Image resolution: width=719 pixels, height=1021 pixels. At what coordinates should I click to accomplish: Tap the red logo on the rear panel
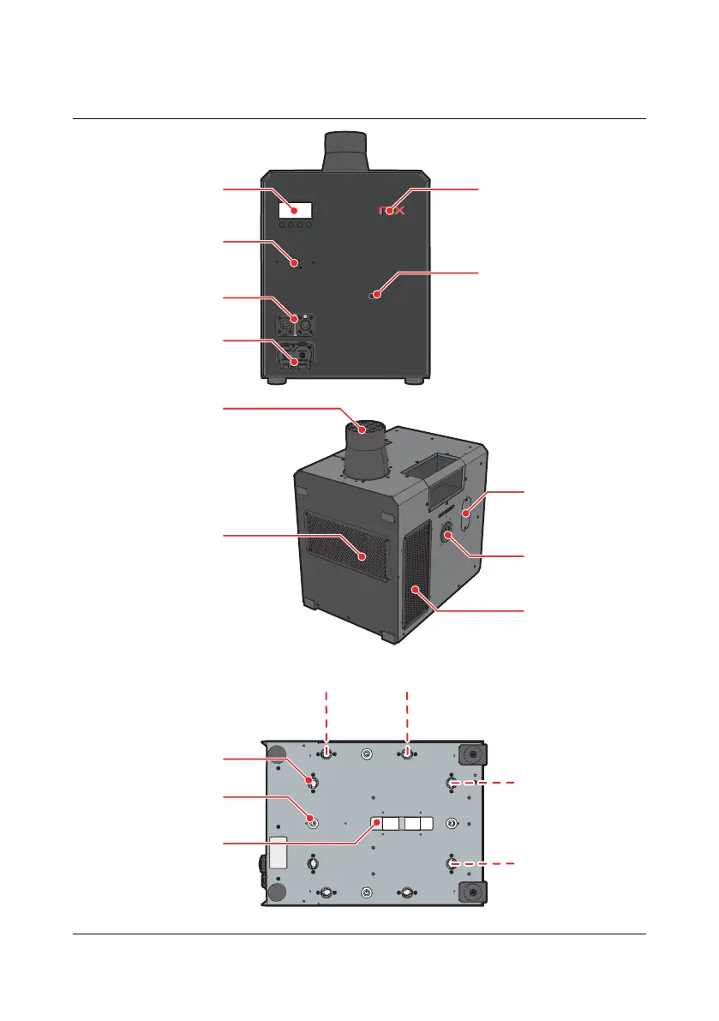click(x=392, y=209)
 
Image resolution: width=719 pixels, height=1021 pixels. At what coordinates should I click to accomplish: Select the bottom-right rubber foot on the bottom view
click(x=470, y=892)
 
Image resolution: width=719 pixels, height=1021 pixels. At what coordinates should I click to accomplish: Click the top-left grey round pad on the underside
click(x=278, y=754)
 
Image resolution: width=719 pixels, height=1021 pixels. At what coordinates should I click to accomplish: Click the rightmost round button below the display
click(x=308, y=226)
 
